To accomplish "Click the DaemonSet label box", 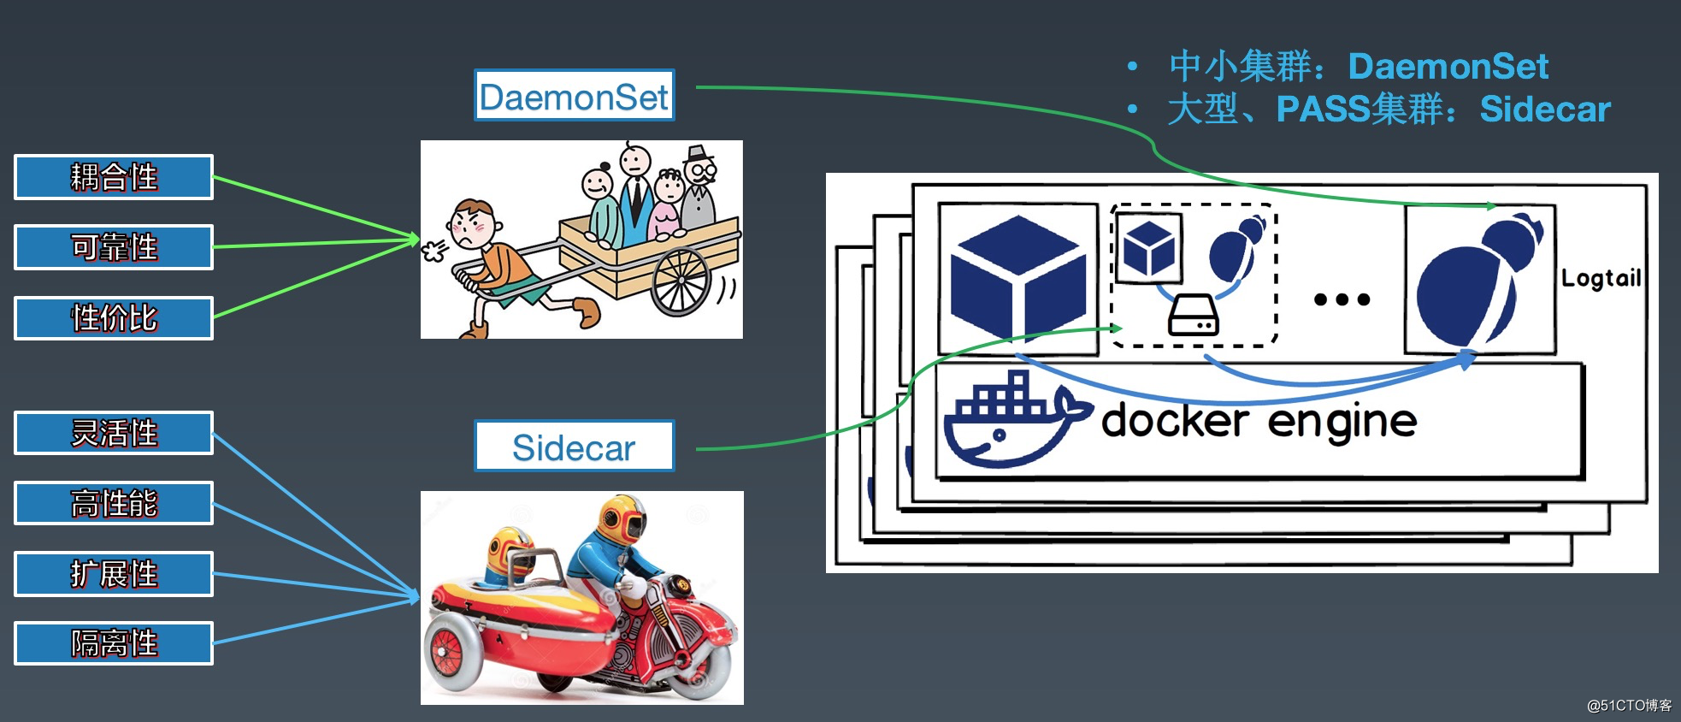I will click(x=574, y=96).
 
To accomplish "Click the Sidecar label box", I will click(x=574, y=447).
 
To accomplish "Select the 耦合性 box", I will click(x=114, y=177).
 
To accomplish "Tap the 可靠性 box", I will click(x=114, y=247).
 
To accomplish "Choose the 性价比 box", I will click(x=114, y=318).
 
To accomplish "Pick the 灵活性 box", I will click(x=114, y=433).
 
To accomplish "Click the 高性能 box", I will click(x=114, y=503).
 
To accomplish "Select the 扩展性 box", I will click(x=114, y=573).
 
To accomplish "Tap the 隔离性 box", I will click(x=114, y=643).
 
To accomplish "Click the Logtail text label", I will click(x=1601, y=278).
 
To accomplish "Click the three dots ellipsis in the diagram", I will click(x=1342, y=299).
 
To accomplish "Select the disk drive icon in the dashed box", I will click(x=1194, y=315).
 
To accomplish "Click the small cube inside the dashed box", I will click(x=1149, y=248).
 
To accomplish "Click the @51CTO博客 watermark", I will click(x=1629, y=706).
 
